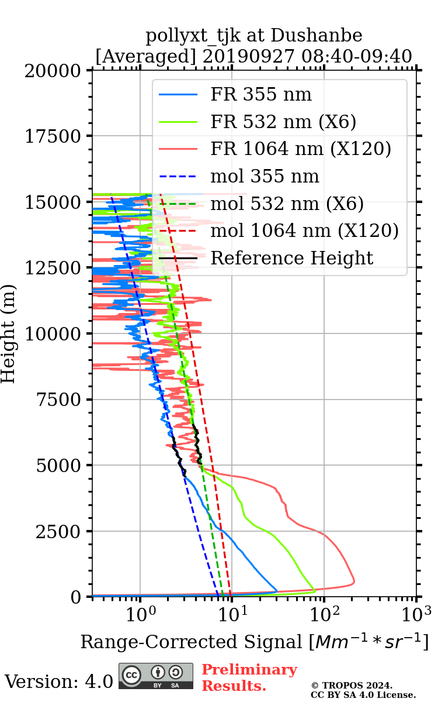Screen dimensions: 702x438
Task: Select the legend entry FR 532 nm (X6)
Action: click(x=283, y=122)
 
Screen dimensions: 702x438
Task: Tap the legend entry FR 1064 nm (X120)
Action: click(x=301, y=149)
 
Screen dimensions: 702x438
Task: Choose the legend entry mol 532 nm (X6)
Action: click(x=287, y=204)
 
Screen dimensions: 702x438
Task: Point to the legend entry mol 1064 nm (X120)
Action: click(x=304, y=230)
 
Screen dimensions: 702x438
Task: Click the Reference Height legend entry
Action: click(x=291, y=258)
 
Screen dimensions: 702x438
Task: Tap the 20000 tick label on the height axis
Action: click(x=56, y=71)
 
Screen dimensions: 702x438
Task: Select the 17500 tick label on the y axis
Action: click(x=56, y=136)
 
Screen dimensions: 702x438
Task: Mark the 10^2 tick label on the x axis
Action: click(x=325, y=613)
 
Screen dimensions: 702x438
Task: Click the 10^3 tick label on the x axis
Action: click(x=416, y=613)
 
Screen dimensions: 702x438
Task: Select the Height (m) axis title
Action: click(x=9, y=333)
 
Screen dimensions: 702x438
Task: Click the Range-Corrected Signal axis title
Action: click(x=255, y=642)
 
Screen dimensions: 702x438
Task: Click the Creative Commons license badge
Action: click(x=156, y=676)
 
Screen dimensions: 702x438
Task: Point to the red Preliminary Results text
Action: click(x=249, y=677)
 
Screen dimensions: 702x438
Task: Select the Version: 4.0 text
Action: click(x=59, y=681)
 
